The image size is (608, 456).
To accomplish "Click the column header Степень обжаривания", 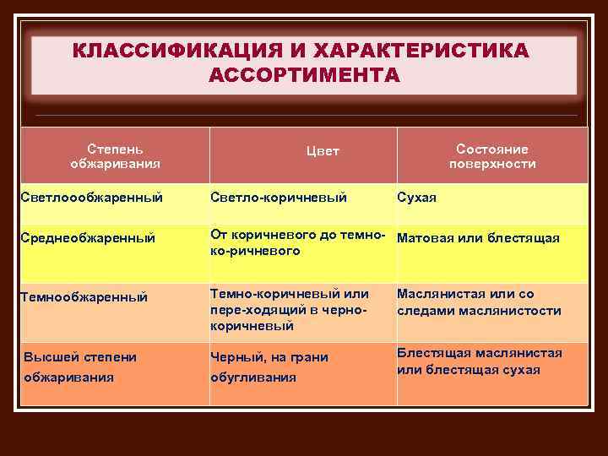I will coord(115,155).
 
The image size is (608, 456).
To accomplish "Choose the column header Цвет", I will coord(322,151).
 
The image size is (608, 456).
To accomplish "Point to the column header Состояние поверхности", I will coord(491,155).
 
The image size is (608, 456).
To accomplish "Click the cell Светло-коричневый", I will coord(279,198).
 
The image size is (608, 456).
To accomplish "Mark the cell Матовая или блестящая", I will coord(478,238).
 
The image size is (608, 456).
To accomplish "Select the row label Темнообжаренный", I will coord(84,296).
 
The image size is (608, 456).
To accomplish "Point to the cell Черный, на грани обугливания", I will coord(268,367).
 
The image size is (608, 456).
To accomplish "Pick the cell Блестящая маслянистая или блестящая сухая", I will coord(479,361).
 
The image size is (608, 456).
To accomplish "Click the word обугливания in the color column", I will coord(252,377).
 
